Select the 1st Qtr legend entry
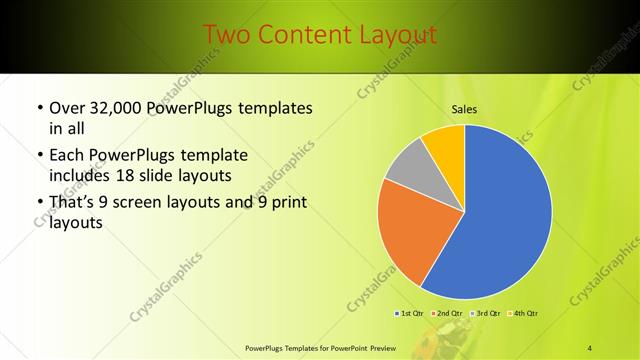click(x=411, y=314)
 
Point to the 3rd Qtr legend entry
click(x=487, y=314)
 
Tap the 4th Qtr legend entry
click(x=525, y=314)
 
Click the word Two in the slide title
click(x=225, y=36)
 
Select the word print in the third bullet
click(x=285, y=203)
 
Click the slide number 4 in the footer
click(x=590, y=347)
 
